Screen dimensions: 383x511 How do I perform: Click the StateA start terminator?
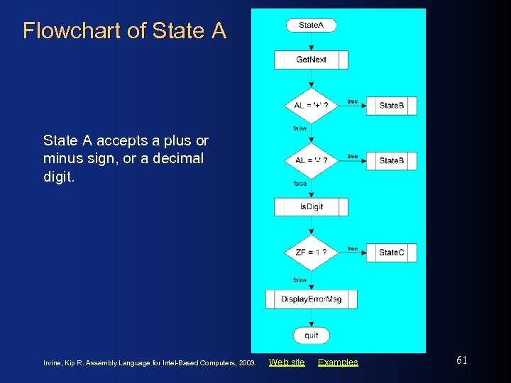coord(311,26)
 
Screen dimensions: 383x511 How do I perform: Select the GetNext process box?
coord(311,60)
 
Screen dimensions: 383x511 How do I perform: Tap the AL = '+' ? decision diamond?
coord(311,106)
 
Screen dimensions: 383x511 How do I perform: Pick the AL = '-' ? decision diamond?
coord(311,160)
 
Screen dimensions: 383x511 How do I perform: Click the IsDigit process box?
coord(311,206)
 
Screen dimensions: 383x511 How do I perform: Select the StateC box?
coord(391,252)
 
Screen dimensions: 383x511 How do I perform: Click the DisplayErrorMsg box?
coord(311,299)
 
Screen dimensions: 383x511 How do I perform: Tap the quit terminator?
coord(311,335)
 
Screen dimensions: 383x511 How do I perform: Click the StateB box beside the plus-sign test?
coord(391,106)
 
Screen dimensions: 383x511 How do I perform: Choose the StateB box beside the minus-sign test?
coord(391,160)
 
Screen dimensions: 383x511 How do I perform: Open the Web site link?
coord(287,362)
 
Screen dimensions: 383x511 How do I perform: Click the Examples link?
coord(338,362)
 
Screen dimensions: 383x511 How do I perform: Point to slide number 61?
coord(461,360)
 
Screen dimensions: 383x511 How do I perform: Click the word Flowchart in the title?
coord(59,31)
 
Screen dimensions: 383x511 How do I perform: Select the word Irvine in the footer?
coord(54,363)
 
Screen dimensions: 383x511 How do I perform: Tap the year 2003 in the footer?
coord(246,363)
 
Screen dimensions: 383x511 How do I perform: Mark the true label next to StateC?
coord(352,248)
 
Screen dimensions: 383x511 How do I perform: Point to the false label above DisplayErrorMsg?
coord(300,280)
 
